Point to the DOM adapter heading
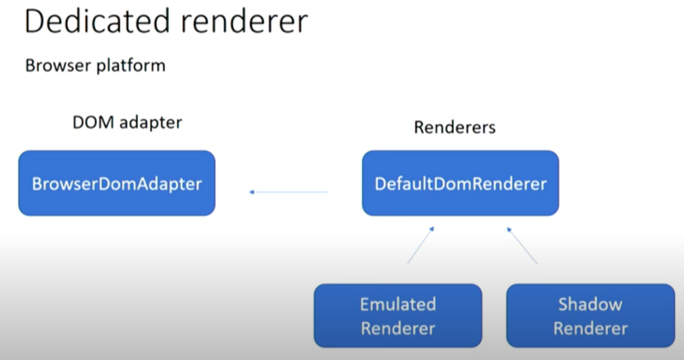coord(127,122)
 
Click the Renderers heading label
coord(454,127)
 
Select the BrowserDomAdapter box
coord(117,184)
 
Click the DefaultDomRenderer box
coord(460,184)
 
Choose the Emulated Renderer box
coord(398,316)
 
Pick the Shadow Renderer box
coord(590,316)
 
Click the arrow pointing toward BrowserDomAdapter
coord(289,192)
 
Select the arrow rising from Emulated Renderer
coord(420,245)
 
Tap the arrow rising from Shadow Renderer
coord(522,245)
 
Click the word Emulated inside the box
coord(398,304)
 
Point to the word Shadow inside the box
coord(590,304)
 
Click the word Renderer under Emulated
coord(398,328)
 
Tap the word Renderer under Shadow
coord(590,328)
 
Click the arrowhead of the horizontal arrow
coord(252,192)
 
